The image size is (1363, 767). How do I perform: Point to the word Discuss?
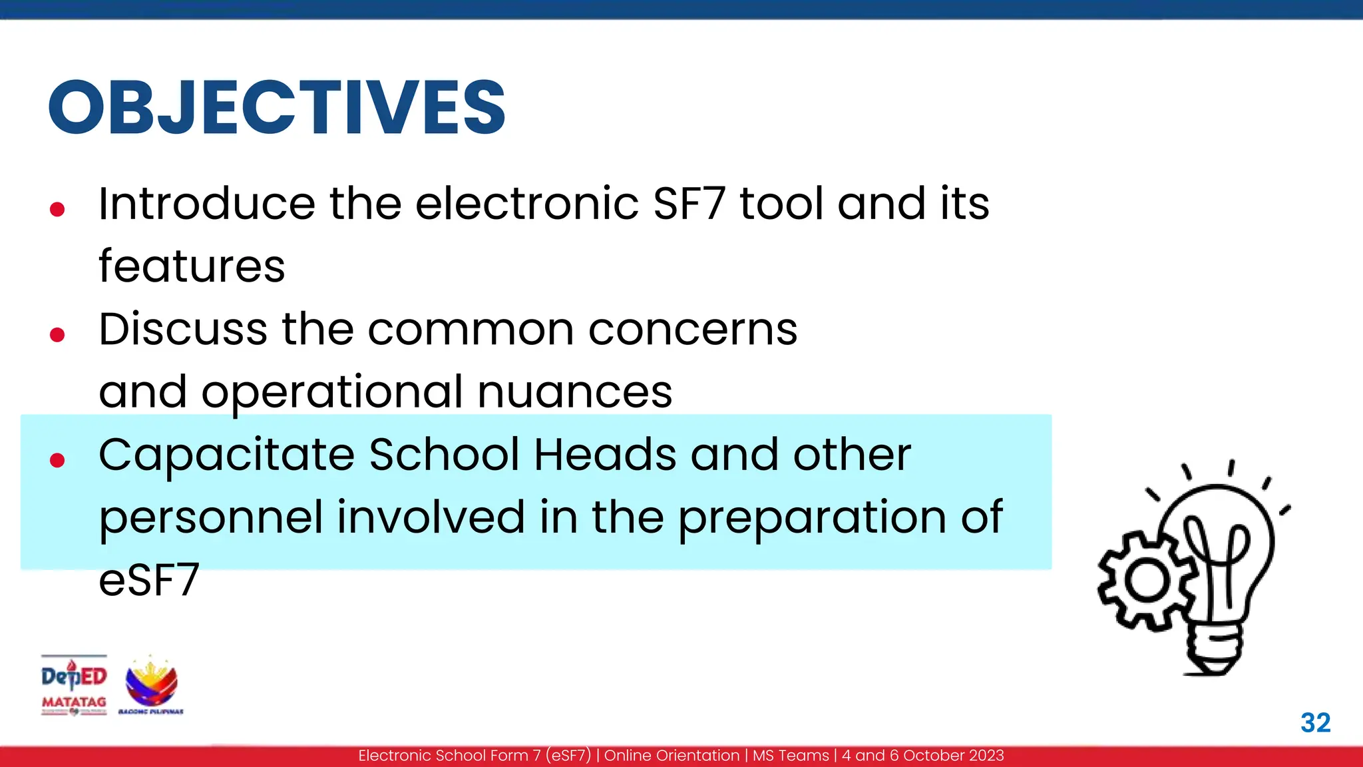point(183,329)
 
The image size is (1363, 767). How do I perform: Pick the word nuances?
point(575,391)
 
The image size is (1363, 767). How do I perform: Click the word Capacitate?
point(226,455)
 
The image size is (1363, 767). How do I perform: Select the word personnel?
point(211,517)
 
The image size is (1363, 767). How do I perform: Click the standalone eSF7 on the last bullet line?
point(149,580)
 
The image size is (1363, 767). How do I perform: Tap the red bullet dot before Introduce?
point(57,210)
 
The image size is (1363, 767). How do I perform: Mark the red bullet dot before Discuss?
point(57,334)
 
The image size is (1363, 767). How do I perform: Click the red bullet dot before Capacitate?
point(57,459)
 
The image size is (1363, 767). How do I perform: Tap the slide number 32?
point(1315,723)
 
